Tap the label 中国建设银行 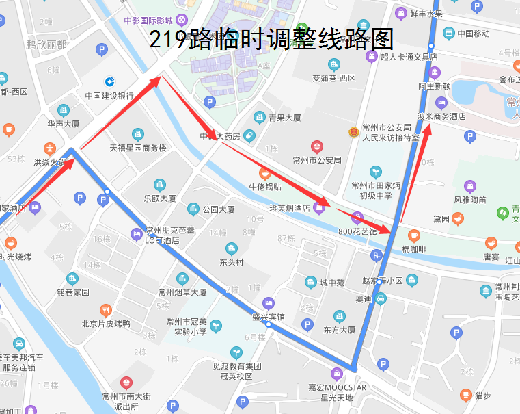tap(109, 96)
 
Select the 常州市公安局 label tap(316, 160)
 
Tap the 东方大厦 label tap(340, 329)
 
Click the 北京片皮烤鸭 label tap(105, 324)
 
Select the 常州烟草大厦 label tap(182, 292)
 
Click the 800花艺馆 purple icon tap(357, 218)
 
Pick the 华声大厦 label tap(64, 124)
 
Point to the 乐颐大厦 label tap(159, 198)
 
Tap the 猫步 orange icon tap(465, 395)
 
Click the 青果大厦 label tap(284, 117)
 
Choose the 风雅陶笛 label tap(469, 200)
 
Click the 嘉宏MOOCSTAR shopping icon tap(336, 374)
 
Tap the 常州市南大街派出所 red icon tap(126, 383)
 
